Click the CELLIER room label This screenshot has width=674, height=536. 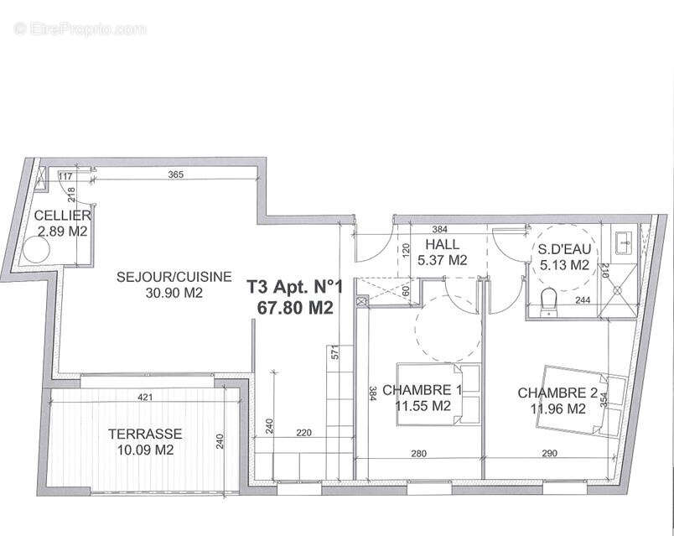[61, 216]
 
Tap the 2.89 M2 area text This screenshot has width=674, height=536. [61, 230]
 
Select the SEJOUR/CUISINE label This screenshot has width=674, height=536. [160, 278]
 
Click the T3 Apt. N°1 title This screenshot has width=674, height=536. [291, 288]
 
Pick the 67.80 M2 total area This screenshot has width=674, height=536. [295, 307]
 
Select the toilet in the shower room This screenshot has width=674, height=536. [550, 299]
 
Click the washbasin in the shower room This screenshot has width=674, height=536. [625, 242]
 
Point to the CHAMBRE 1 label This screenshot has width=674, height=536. [422, 390]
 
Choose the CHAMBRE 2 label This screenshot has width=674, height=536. [557, 393]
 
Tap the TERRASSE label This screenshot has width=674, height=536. [145, 434]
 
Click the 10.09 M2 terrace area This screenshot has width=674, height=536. [141, 449]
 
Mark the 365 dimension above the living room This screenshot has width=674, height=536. [176, 175]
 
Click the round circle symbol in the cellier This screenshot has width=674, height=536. [37, 250]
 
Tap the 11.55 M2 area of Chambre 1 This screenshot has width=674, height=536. [423, 406]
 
